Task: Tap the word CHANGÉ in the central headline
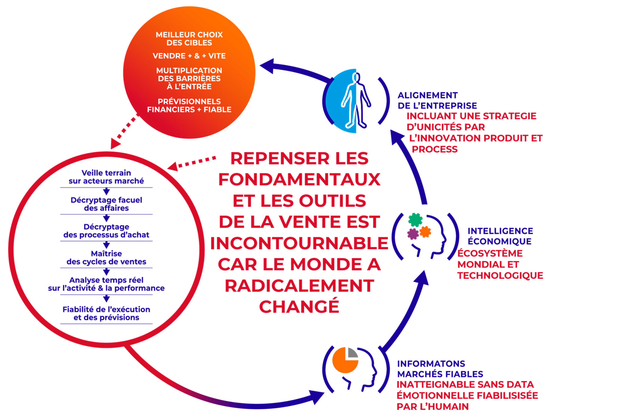click(x=299, y=307)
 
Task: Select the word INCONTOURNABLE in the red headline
click(x=299, y=243)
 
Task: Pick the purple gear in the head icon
click(x=413, y=234)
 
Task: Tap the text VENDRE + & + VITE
click(x=189, y=56)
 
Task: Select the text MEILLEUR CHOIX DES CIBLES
click(x=189, y=39)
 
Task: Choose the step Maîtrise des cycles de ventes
click(x=106, y=257)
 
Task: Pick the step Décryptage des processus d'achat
click(x=106, y=231)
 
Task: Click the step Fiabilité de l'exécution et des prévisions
click(x=106, y=313)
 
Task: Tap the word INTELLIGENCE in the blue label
click(x=500, y=231)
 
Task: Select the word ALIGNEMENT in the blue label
click(x=427, y=95)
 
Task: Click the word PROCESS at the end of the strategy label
click(x=435, y=149)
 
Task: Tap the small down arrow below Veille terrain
click(x=106, y=191)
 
